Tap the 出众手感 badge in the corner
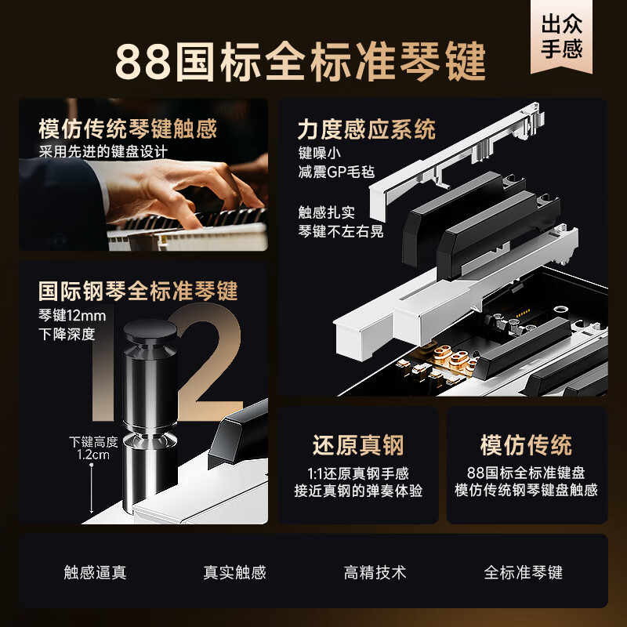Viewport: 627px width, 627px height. point(562,37)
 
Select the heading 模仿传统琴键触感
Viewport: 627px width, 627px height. point(128,128)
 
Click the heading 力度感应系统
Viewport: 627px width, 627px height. point(366,129)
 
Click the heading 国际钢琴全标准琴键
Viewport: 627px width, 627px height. point(138,292)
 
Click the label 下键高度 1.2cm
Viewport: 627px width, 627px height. point(92,447)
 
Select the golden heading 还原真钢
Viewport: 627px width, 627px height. point(357,445)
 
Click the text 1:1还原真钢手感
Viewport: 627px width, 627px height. point(358,473)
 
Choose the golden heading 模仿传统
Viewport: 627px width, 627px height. point(526,445)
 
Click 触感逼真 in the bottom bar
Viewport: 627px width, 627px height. point(95,572)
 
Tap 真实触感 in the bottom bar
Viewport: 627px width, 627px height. point(234,572)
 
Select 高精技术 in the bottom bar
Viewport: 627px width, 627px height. point(375,572)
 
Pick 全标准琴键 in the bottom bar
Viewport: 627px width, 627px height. point(523,572)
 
